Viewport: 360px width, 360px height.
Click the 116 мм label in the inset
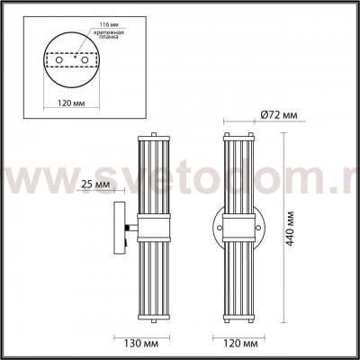[x=87, y=23]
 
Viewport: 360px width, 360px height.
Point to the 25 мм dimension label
[x=93, y=184]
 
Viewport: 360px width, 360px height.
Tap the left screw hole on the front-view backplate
[x=220, y=225]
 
